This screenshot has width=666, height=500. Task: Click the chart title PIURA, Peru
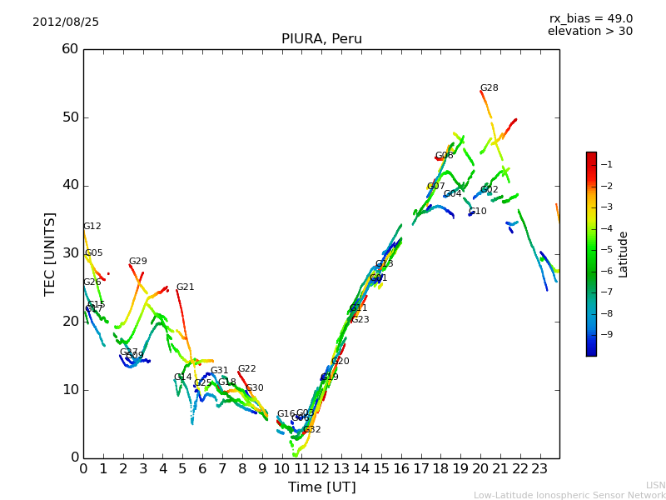point(321,39)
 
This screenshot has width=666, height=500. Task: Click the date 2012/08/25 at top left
point(66,22)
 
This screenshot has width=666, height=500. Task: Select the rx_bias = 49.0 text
point(590,19)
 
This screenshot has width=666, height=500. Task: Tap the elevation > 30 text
point(590,32)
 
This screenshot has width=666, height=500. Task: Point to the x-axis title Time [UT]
point(321,487)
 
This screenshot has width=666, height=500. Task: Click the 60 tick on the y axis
point(70,49)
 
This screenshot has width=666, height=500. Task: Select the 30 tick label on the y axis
point(70,253)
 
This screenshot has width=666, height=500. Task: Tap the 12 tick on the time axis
point(321,469)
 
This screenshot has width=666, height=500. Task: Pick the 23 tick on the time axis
point(539,469)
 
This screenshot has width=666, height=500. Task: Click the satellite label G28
point(490,88)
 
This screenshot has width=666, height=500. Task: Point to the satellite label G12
point(92,227)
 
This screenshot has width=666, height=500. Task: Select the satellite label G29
point(137,262)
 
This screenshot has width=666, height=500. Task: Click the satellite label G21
point(185,287)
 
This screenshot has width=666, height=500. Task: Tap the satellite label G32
point(312,430)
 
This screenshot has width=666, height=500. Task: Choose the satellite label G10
point(478,212)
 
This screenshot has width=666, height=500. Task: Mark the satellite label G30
point(255,388)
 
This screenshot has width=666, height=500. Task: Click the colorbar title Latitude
point(624,254)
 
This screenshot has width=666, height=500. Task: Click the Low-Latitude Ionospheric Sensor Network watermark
point(569,496)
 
